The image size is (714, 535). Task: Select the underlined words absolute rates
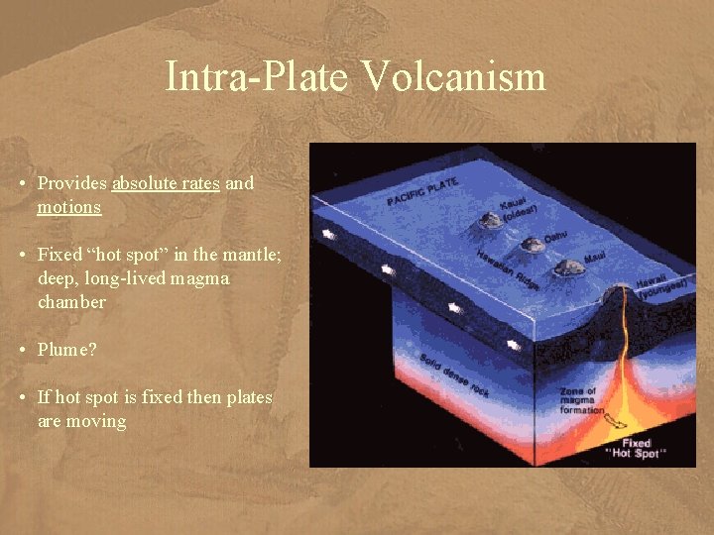tap(166, 183)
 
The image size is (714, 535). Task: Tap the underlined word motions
tap(69, 207)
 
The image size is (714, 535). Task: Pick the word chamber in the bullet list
tap(71, 302)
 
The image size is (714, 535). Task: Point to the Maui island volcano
tap(569, 267)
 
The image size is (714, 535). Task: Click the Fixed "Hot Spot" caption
tap(636, 448)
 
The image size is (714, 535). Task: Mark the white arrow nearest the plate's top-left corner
tap(326, 237)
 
